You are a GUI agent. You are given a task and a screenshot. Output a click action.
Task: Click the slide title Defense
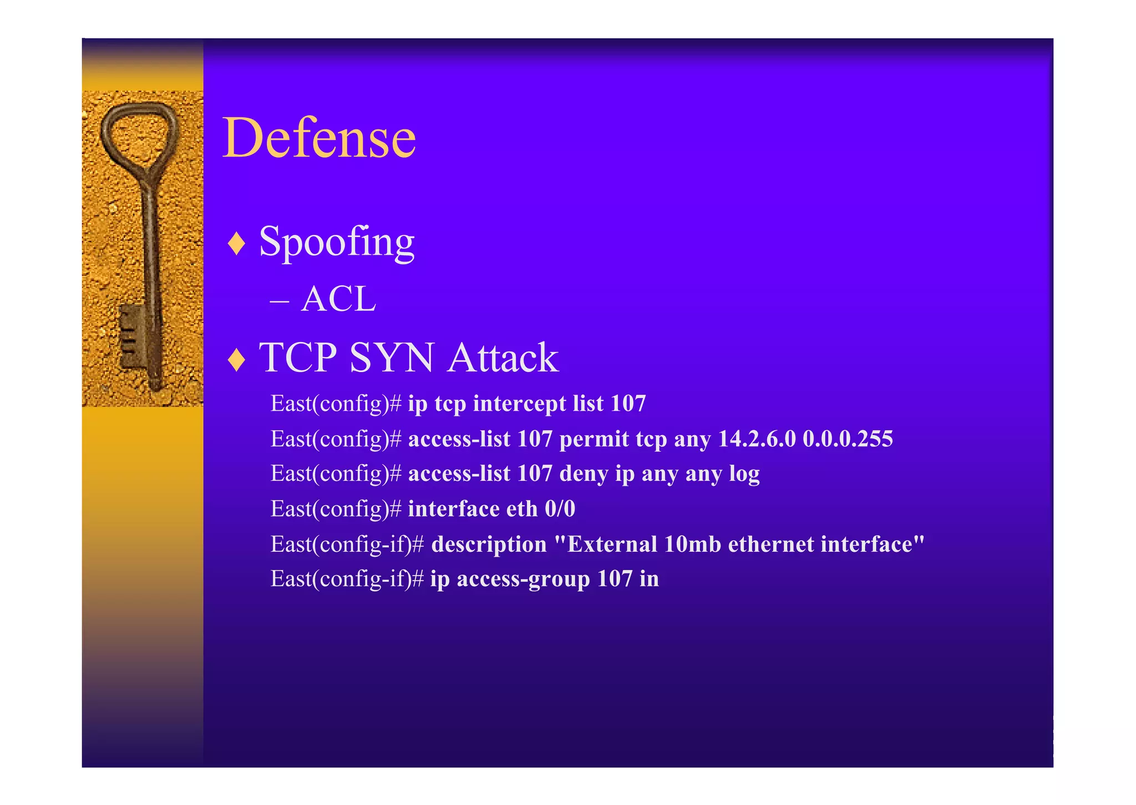point(319,138)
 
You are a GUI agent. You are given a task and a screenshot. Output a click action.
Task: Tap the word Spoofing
point(337,242)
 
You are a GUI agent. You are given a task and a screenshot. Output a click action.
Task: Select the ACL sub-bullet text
point(338,299)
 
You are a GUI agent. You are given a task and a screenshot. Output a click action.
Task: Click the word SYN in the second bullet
point(392,358)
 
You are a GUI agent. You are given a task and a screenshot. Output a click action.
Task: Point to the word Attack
point(503,358)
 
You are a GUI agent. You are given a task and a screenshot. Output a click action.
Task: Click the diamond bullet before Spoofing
point(237,244)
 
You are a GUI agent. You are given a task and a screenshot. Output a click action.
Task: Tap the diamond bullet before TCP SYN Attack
point(237,359)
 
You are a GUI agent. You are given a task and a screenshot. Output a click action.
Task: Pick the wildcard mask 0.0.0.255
point(848,439)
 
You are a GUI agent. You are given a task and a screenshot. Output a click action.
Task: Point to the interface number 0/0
point(560,509)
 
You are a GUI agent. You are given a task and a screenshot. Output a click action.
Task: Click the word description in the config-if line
point(489,545)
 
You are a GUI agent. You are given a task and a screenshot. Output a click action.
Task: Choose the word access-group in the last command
point(523,580)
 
